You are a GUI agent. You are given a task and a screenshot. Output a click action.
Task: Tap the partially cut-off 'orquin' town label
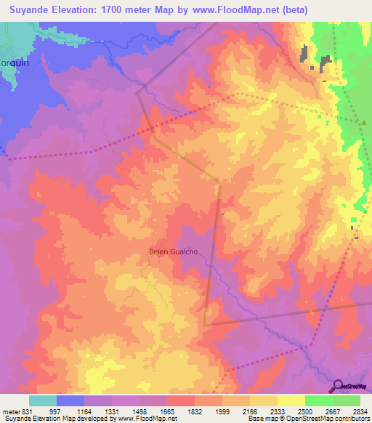pyautogui.click(x=14, y=63)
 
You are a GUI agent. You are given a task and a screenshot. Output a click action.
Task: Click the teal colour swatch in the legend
pyautogui.click(x=43, y=400)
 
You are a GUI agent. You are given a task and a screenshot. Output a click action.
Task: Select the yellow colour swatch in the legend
pyautogui.click(x=291, y=400)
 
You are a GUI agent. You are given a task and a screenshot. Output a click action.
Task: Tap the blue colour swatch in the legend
pyautogui.click(x=70, y=400)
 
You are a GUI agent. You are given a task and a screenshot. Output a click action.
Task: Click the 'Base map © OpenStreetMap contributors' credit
pyautogui.click(x=307, y=419)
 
